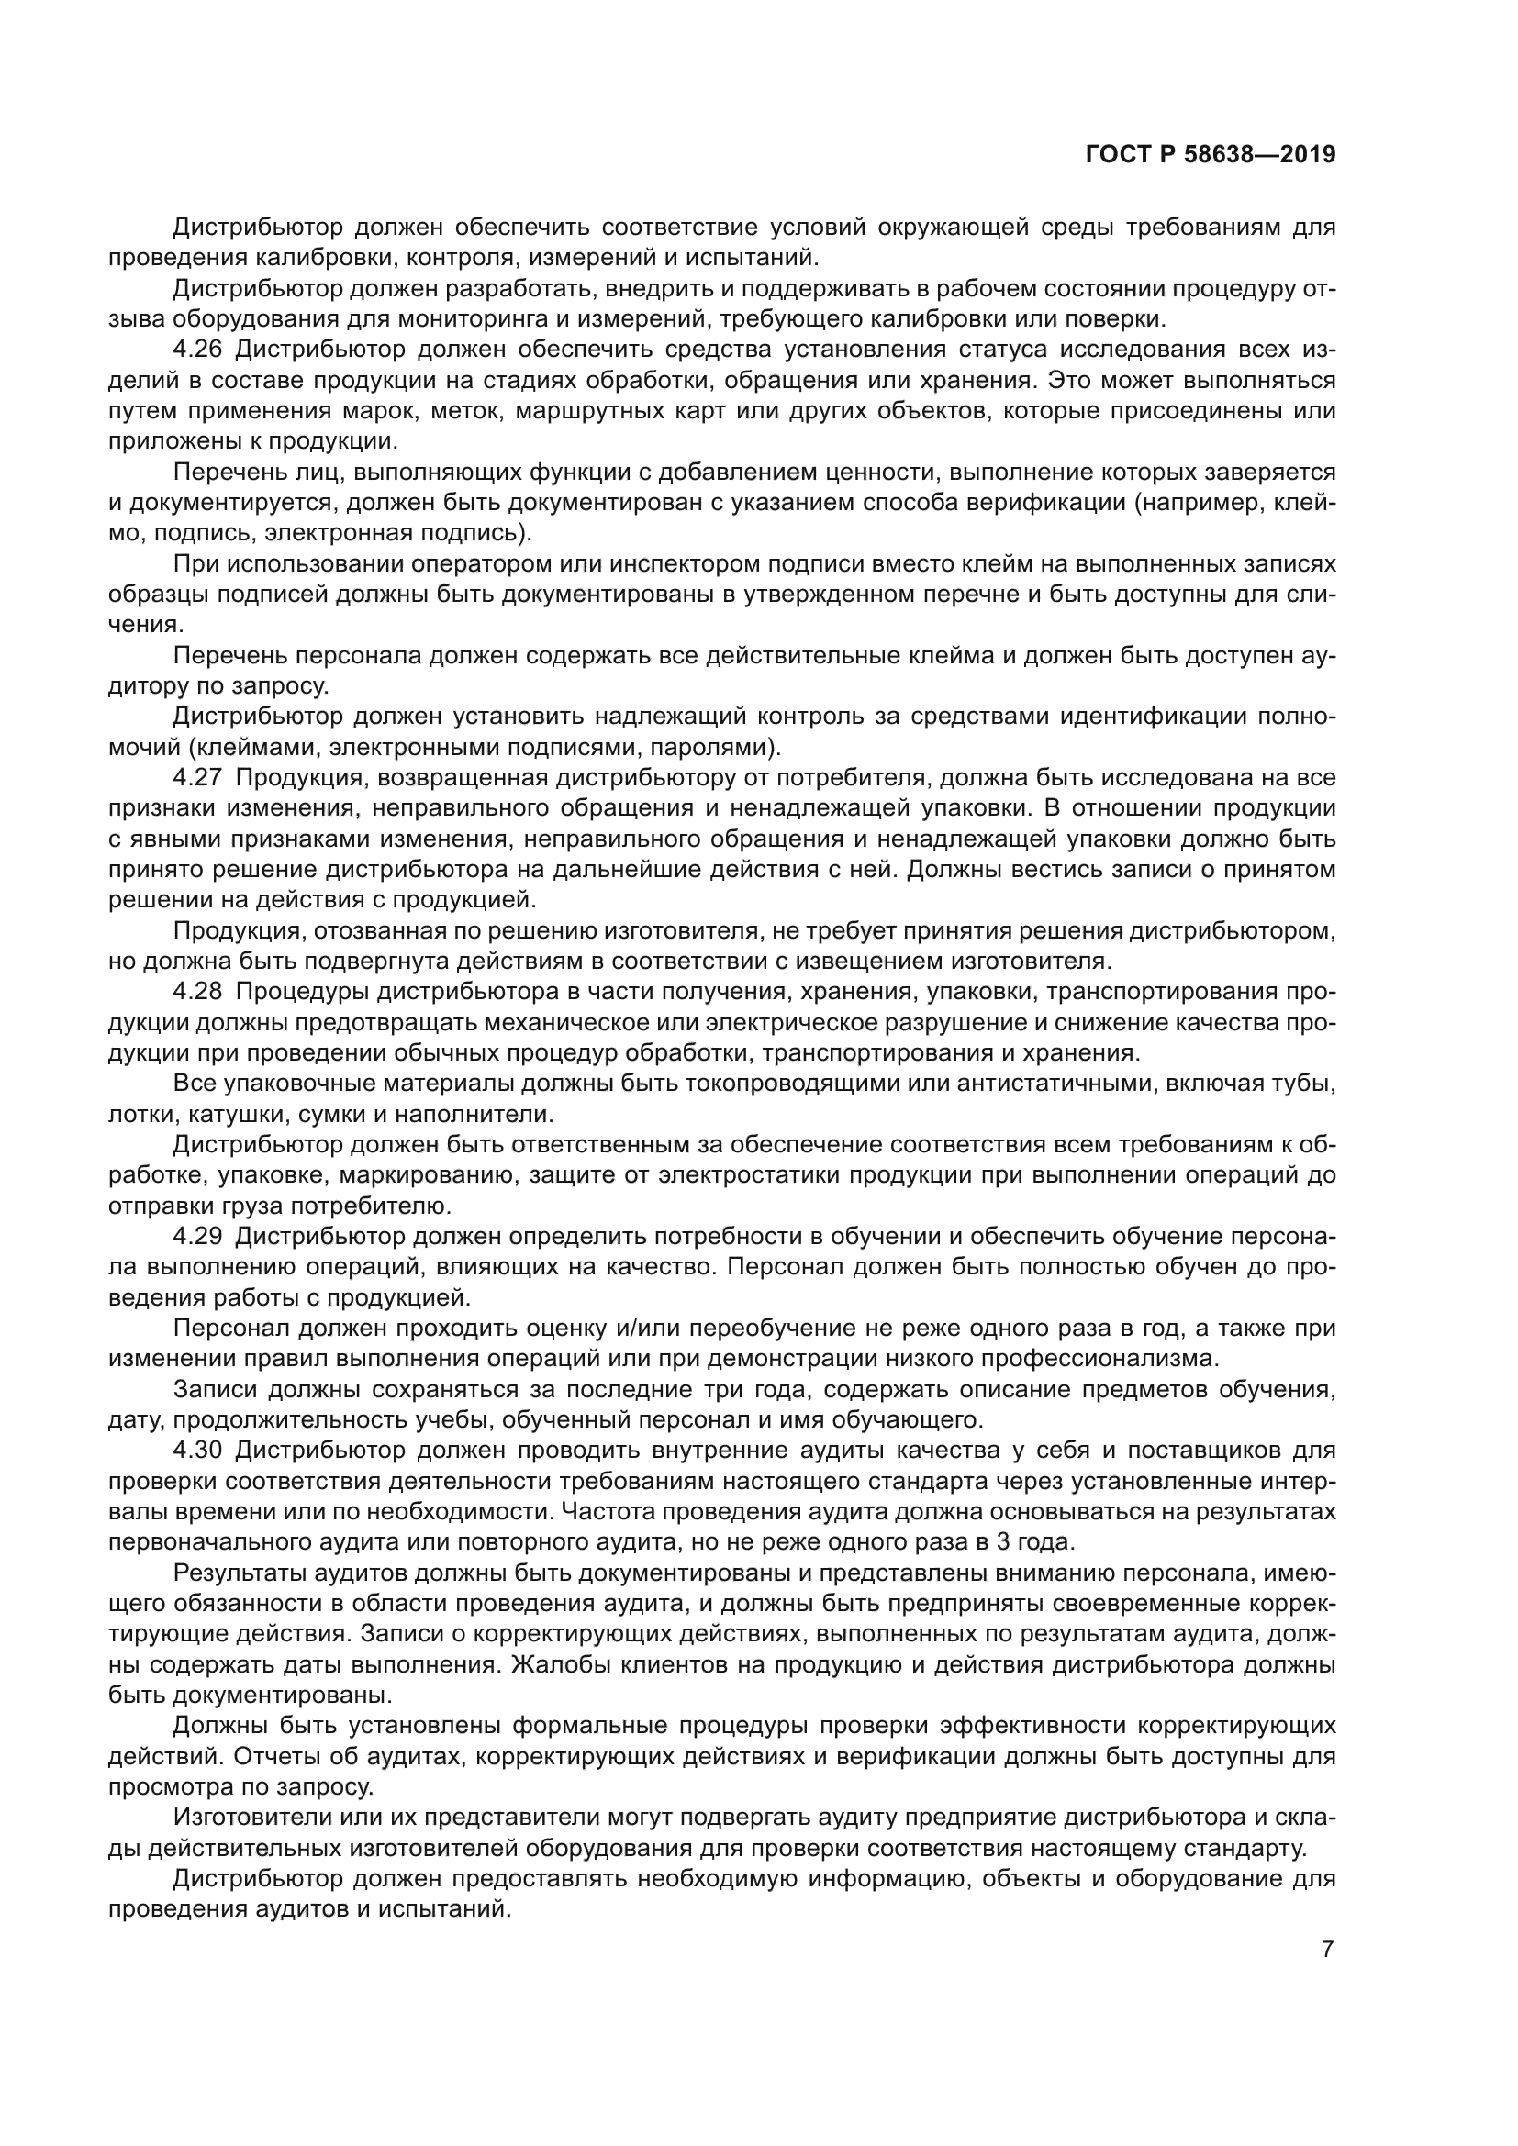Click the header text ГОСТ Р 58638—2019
pyautogui.click(x=1210, y=154)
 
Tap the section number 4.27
pyautogui.click(x=197, y=778)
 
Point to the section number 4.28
pyautogui.click(x=197, y=991)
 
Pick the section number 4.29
pyautogui.click(x=197, y=1236)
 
